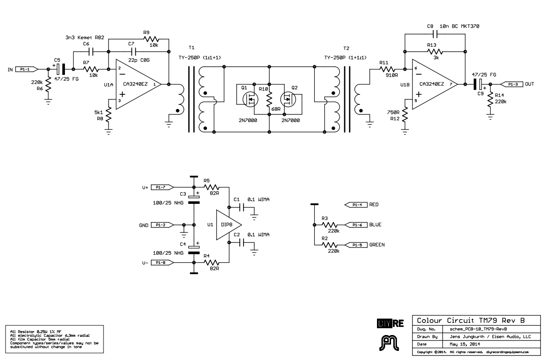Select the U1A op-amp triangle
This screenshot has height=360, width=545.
(x=136, y=84)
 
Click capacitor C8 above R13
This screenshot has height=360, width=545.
(x=435, y=34)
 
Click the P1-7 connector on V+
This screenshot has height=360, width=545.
(x=162, y=187)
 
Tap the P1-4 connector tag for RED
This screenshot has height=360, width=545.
(x=357, y=205)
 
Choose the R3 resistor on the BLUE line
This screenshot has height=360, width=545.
(x=331, y=225)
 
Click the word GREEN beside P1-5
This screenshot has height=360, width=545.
(x=377, y=245)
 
